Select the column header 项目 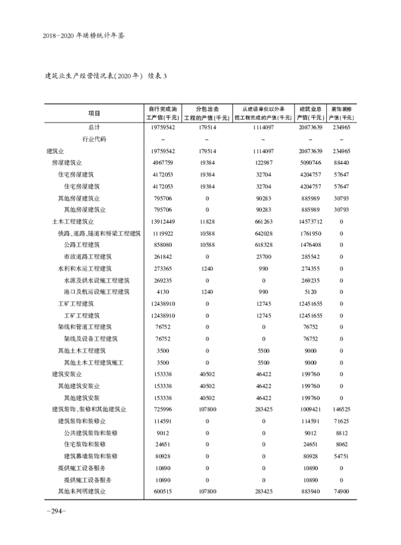[x=94, y=113]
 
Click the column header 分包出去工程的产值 [x=207, y=113]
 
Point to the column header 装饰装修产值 [x=341, y=113]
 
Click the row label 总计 [x=94, y=127]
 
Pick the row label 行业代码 [x=94, y=139]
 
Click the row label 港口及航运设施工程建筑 [x=97, y=292]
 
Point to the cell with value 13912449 [x=161, y=221]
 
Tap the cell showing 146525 [x=341, y=409]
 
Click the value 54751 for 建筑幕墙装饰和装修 [x=341, y=456]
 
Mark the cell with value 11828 [x=207, y=221]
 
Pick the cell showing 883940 [x=310, y=491]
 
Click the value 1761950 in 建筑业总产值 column [x=310, y=233]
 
